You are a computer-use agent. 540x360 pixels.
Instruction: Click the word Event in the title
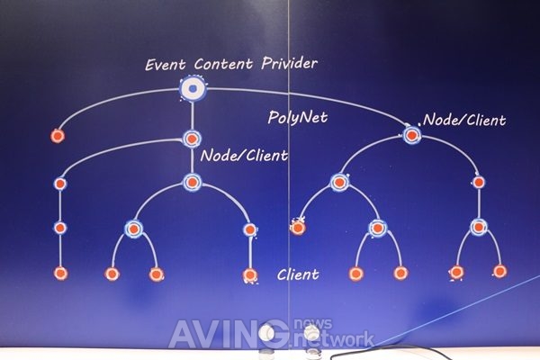click(x=166, y=65)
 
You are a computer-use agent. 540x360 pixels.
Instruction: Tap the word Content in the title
click(x=223, y=64)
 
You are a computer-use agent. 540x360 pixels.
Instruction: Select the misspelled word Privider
click(x=289, y=63)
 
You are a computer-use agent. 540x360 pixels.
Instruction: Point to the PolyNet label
click(x=298, y=118)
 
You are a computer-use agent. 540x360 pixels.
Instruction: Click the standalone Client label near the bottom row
click(x=298, y=274)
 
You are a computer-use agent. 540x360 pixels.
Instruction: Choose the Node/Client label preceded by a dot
click(x=463, y=120)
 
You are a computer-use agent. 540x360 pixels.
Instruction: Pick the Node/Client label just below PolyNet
click(x=244, y=156)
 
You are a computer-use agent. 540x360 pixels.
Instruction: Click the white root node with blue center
click(x=193, y=88)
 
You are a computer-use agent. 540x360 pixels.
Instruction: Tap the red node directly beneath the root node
click(x=192, y=139)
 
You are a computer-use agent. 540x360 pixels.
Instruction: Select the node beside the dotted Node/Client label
click(x=412, y=135)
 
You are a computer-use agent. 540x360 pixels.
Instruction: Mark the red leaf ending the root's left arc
click(x=58, y=136)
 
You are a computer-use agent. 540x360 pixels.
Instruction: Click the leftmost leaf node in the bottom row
click(x=60, y=274)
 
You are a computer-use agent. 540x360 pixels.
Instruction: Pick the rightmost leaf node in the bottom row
click(x=499, y=271)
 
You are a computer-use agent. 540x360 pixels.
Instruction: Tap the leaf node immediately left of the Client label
click(x=250, y=274)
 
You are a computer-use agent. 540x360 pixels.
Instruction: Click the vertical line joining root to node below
click(x=193, y=116)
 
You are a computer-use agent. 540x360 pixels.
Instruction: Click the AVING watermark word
click(x=228, y=334)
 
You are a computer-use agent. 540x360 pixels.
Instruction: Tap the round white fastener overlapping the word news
click(x=311, y=332)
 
